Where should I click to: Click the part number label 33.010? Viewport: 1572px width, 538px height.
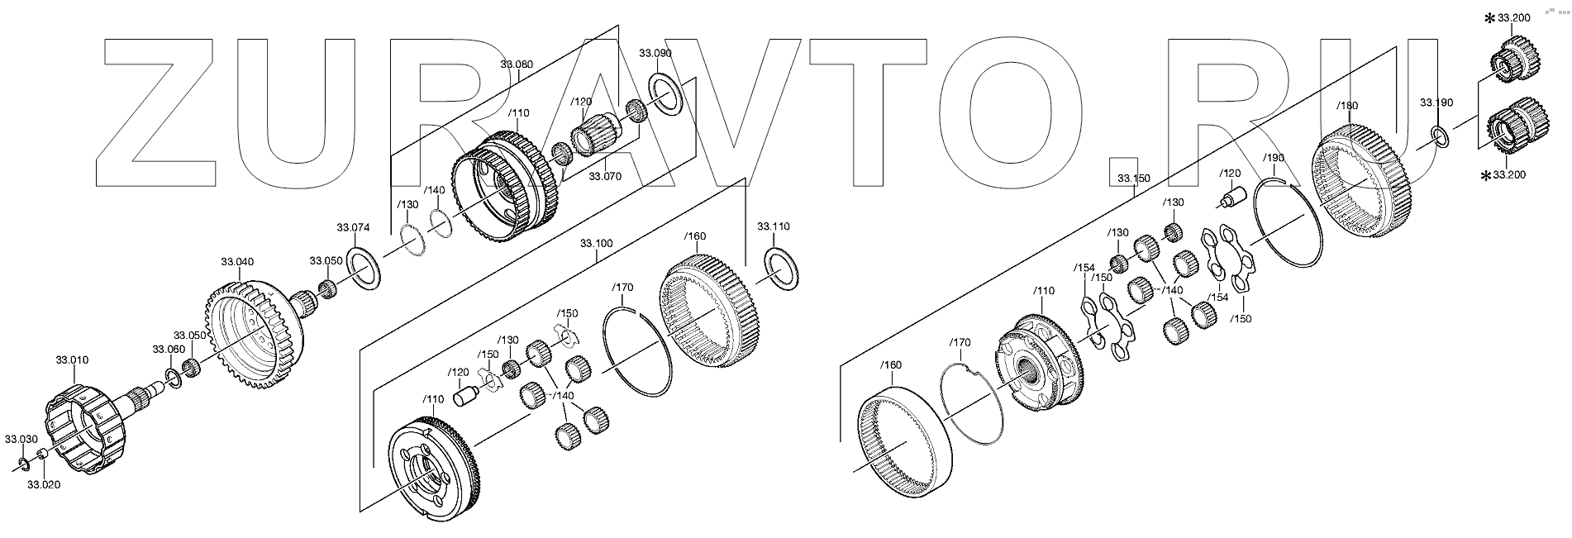tap(72, 360)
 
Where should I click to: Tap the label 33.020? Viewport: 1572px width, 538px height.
tap(45, 485)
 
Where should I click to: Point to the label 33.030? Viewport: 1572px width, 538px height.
tap(20, 438)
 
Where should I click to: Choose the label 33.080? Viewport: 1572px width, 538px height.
tap(517, 64)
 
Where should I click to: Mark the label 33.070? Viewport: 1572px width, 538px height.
tap(604, 176)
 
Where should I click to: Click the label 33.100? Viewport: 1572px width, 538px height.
tap(596, 244)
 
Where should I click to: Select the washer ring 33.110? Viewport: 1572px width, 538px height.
tap(782, 268)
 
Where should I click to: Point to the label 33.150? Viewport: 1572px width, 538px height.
tap(1133, 178)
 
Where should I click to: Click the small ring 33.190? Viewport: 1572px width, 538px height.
tap(1438, 136)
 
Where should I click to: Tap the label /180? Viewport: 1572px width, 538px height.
tap(1346, 106)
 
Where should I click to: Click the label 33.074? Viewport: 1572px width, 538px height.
tap(352, 228)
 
